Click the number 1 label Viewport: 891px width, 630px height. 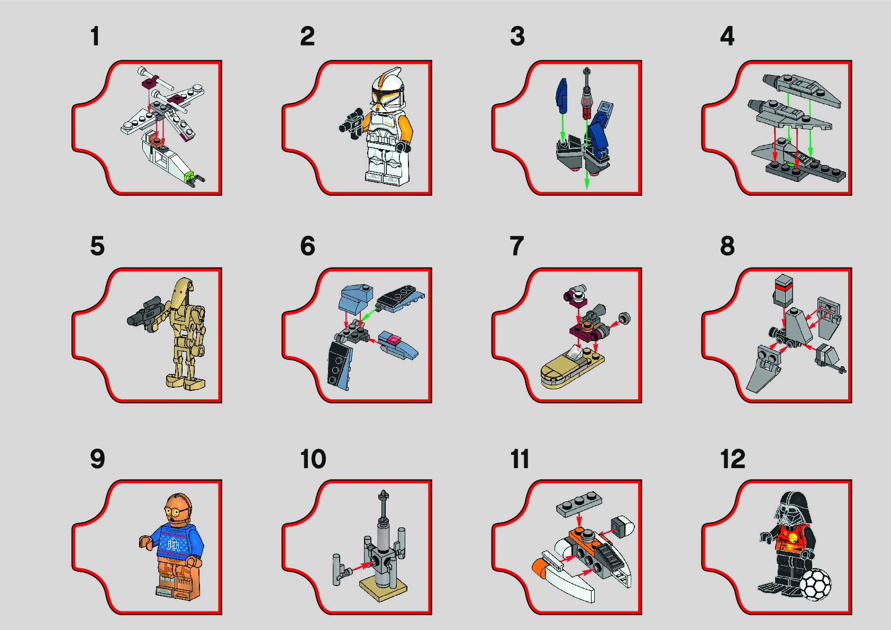click(95, 36)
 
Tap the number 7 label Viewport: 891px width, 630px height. click(517, 246)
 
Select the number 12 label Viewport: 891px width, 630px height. click(733, 459)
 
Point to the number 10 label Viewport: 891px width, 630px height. click(313, 459)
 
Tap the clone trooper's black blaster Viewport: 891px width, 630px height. click(351, 123)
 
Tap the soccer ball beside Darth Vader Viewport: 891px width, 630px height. click(815, 585)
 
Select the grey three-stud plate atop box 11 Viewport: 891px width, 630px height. click(579, 504)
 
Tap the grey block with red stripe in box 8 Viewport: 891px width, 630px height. click(784, 290)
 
